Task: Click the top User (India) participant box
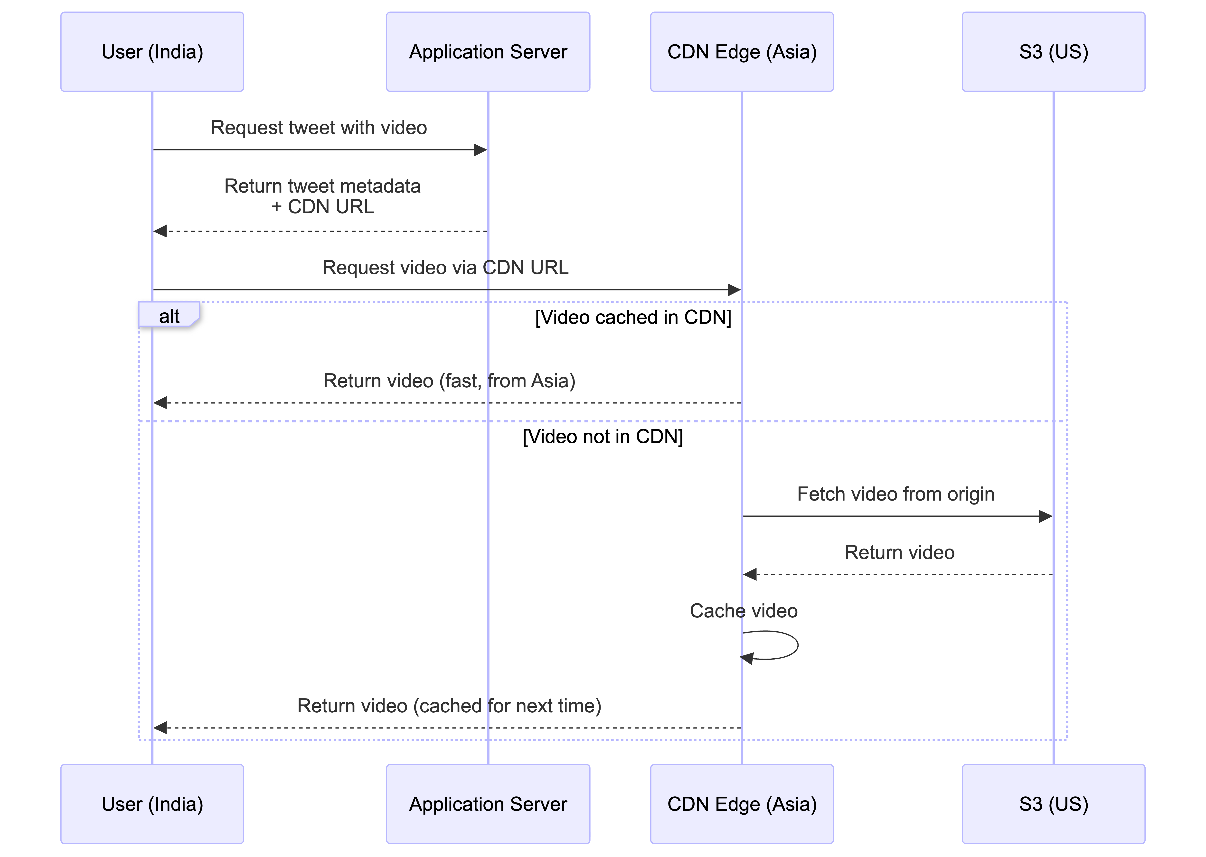[152, 52]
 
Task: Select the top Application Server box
[488, 52]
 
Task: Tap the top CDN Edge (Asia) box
[742, 52]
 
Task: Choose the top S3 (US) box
[1054, 52]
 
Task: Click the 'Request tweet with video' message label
[319, 128]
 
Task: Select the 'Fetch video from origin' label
[896, 494]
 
